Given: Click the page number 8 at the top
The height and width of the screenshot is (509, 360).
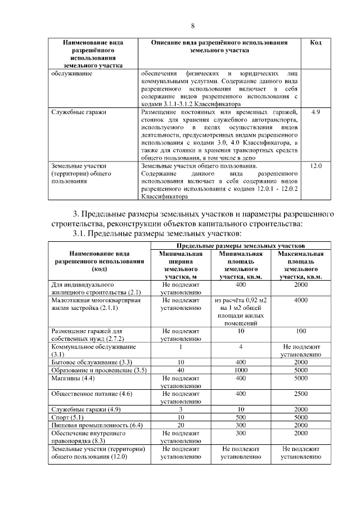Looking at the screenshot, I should pos(193,26).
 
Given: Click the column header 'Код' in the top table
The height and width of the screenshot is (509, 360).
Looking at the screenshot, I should pos(316,43).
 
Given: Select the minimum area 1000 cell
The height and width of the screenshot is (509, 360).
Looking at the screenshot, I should pos(240,371).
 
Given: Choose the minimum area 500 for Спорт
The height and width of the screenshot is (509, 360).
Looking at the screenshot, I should pos(240,418).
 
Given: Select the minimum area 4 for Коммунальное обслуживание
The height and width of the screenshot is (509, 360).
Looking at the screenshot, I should pos(240,347).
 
